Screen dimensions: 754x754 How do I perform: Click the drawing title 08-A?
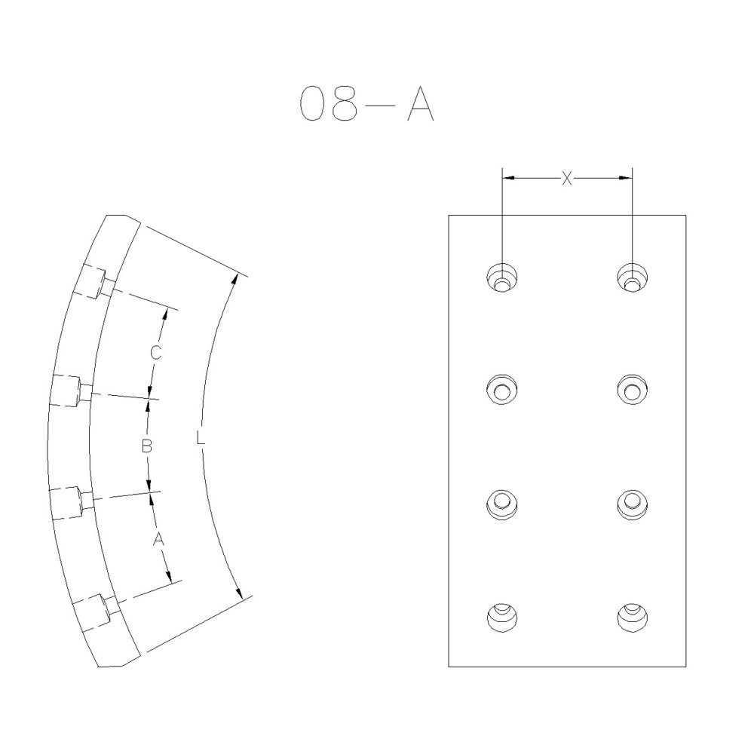(x=366, y=103)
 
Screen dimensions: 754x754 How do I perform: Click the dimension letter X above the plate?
(x=567, y=178)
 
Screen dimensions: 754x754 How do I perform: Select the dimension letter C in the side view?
(x=154, y=352)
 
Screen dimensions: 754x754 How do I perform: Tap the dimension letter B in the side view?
(x=147, y=446)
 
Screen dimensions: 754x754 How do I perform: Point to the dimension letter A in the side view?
(x=158, y=538)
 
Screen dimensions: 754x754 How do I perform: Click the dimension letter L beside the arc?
(x=200, y=437)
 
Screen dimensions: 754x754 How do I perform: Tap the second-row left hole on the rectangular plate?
(x=501, y=389)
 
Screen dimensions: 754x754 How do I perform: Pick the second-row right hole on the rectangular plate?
(x=632, y=389)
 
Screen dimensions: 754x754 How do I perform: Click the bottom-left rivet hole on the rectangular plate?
(x=501, y=617)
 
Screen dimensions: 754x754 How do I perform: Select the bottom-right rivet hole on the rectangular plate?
(x=632, y=617)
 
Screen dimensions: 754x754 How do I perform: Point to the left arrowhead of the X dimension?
(x=508, y=178)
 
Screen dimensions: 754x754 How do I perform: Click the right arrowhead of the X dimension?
(x=625, y=178)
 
